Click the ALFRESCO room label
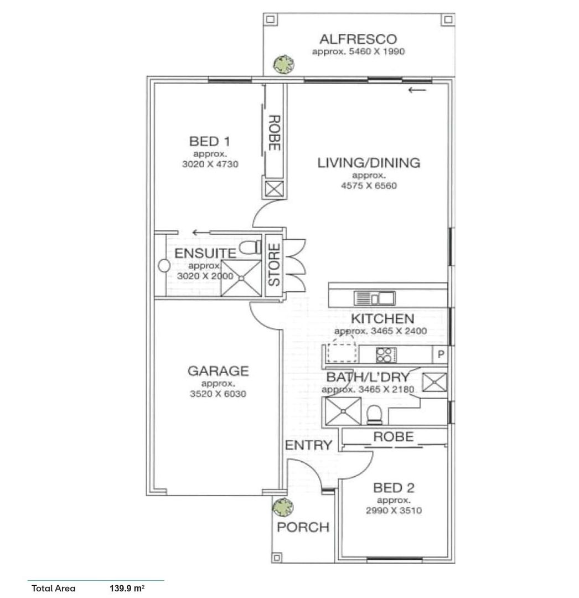tap(358, 39)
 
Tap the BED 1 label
tap(210, 142)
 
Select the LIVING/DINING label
tap(369, 163)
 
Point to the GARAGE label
tap(218, 370)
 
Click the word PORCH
tap(303, 527)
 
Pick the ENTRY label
tap(308, 445)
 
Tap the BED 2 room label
tap(394, 488)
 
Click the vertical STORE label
tap(274, 265)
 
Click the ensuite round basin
tap(164, 266)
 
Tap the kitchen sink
tap(375, 298)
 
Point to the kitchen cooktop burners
tap(386, 355)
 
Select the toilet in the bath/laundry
tap(374, 415)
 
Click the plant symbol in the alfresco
tap(283, 65)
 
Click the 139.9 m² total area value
tap(127, 588)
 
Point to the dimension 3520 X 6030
tap(218, 394)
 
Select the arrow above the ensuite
tap(201, 232)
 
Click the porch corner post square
tap(277, 558)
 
